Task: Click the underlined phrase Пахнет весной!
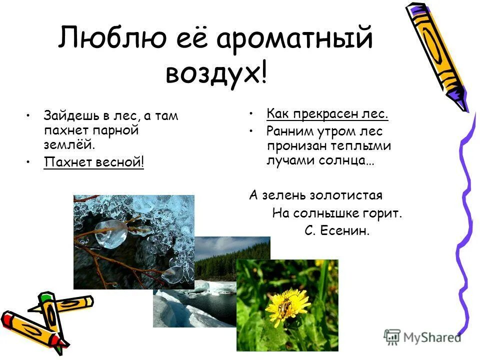click(x=93, y=162)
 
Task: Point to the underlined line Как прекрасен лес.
click(x=327, y=114)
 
